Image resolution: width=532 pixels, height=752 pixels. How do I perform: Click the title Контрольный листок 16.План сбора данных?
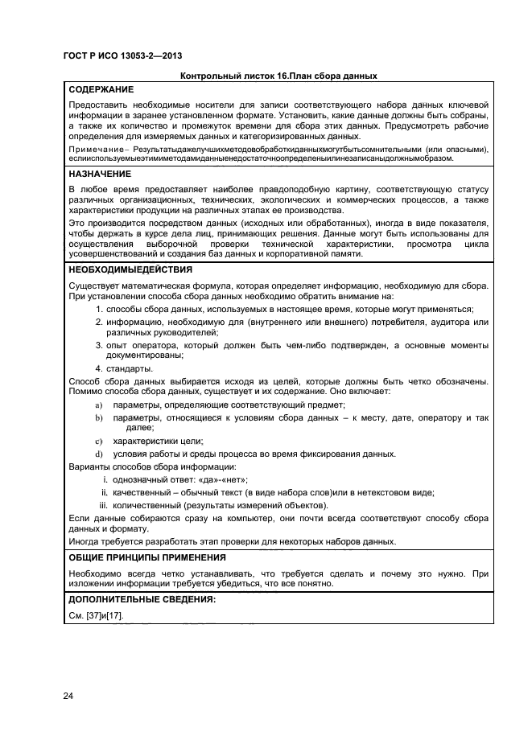tap(279, 76)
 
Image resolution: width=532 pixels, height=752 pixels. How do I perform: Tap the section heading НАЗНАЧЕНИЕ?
tap(100, 173)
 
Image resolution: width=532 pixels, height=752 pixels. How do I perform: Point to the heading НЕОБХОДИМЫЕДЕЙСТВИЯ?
tap(130, 269)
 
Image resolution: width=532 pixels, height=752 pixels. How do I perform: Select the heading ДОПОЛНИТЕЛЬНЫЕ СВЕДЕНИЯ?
tap(142, 599)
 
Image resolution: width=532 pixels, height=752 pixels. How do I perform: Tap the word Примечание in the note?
tap(94, 150)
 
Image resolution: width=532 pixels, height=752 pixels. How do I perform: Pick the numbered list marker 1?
tap(99, 310)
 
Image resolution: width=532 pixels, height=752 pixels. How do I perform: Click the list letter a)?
tap(99, 405)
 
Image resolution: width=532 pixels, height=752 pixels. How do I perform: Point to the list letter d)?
tap(99, 454)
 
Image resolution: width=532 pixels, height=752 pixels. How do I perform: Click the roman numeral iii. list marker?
tap(102, 504)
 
